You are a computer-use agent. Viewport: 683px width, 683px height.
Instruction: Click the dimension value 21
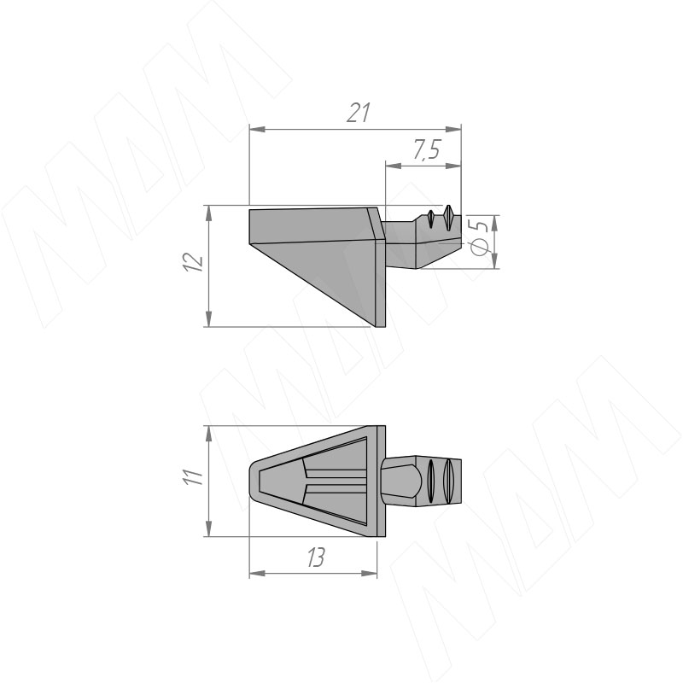tap(359, 113)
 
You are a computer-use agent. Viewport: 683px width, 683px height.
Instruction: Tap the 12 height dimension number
tap(194, 262)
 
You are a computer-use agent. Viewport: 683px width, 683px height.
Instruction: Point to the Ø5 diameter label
tap(480, 237)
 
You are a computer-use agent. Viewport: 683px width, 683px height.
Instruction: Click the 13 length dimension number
tap(316, 557)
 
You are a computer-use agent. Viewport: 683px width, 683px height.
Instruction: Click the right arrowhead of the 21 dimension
tap(453, 130)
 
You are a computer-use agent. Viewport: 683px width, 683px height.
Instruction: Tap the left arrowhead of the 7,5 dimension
tap(394, 166)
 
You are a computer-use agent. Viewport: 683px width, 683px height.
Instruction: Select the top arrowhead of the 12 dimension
tap(209, 213)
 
